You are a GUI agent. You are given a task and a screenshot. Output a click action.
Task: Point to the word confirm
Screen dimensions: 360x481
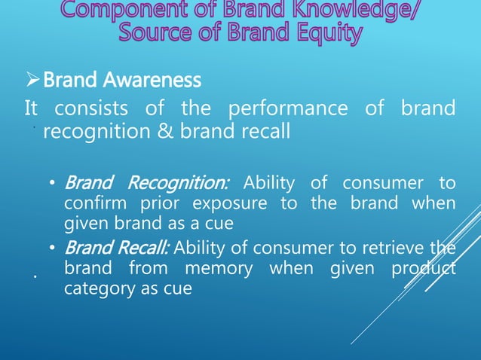94,203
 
